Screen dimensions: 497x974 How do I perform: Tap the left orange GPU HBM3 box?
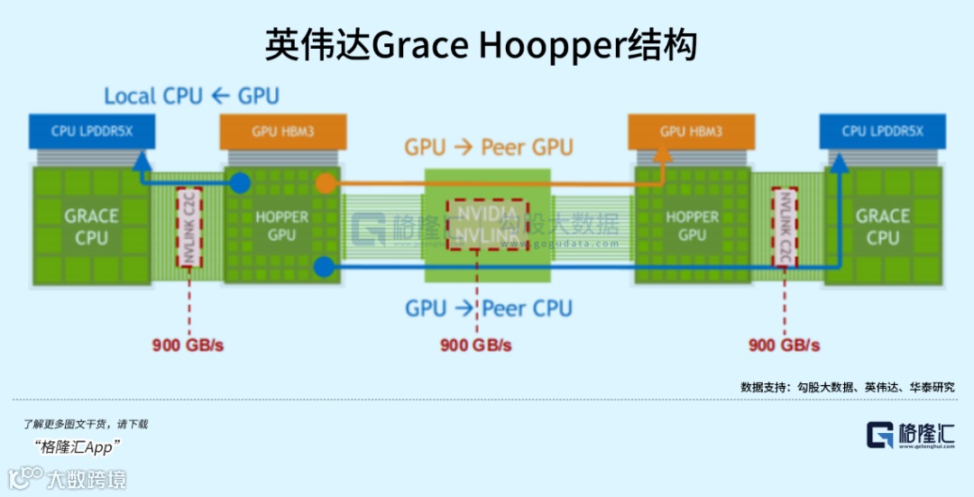[x=283, y=132]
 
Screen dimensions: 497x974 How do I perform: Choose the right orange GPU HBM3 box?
[x=691, y=132]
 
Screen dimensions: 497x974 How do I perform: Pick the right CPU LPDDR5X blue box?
[x=882, y=132]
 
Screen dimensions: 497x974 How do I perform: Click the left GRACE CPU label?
[x=91, y=226]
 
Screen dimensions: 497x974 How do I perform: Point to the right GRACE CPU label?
[x=882, y=226]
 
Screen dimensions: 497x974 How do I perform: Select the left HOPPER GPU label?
[x=281, y=226]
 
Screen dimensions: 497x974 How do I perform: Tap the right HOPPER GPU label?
[x=692, y=226]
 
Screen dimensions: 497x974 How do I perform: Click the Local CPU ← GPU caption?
[x=191, y=96]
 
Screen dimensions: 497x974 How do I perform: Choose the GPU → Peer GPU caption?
[x=488, y=147]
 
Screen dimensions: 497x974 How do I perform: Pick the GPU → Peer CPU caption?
[x=488, y=308]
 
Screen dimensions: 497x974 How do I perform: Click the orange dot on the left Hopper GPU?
[x=326, y=184]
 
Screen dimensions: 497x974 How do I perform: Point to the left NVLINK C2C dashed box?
[x=189, y=227]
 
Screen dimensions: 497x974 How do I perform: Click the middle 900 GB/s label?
[x=475, y=345]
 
